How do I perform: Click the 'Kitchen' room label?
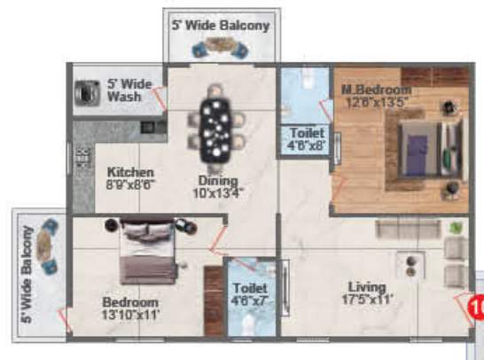[131, 172]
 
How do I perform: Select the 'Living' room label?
[366, 286]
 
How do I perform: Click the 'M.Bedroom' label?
[376, 90]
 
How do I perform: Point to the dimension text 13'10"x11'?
[131, 315]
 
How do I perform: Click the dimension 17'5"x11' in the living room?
[366, 299]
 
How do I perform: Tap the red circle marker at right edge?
[477, 309]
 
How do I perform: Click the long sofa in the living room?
[407, 229]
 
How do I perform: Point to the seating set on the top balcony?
[217, 51]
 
